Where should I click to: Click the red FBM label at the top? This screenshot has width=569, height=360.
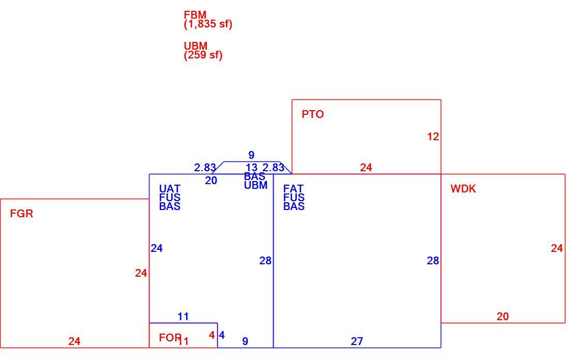pos(195,15)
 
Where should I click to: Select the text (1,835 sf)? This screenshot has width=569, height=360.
pos(208,24)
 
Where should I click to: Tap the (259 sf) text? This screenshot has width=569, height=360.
pos(203,55)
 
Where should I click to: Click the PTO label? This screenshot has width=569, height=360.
pos(312,114)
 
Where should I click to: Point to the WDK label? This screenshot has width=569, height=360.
pos(463,189)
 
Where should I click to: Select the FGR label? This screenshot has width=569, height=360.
pos(21,214)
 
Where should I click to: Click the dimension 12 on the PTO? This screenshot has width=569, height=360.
pos(433,137)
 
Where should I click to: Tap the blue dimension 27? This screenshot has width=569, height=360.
pos(357,341)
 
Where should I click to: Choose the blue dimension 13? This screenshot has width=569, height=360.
pos(251,168)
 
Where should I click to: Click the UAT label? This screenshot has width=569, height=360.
pos(170,189)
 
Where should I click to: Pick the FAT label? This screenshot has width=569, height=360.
pos(293,189)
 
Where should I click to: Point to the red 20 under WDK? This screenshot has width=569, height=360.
pos(503,317)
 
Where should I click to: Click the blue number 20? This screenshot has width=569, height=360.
pos(211,181)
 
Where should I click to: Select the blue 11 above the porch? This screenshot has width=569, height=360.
pos(183,317)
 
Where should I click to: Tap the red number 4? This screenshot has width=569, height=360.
pos(212,335)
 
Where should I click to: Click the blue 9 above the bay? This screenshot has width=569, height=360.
pos(251,155)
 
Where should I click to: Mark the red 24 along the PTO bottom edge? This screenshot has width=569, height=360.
pos(366,167)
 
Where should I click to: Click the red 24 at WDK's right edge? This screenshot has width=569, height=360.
pos(557,248)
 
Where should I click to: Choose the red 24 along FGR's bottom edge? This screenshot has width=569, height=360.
pos(74,341)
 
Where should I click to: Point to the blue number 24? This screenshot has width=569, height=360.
pos(157,248)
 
